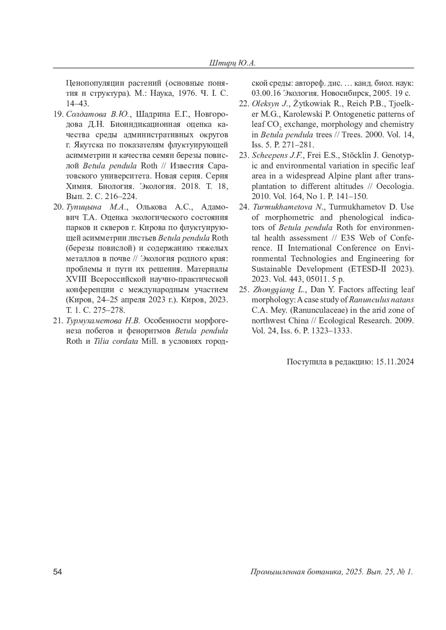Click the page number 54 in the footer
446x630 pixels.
tap(57, 572)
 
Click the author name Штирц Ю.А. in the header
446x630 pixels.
tap(233, 63)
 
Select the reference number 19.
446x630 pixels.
tap(58, 114)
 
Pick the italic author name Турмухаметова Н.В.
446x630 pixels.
tap(103, 321)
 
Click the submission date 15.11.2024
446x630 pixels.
tap(395, 362)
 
